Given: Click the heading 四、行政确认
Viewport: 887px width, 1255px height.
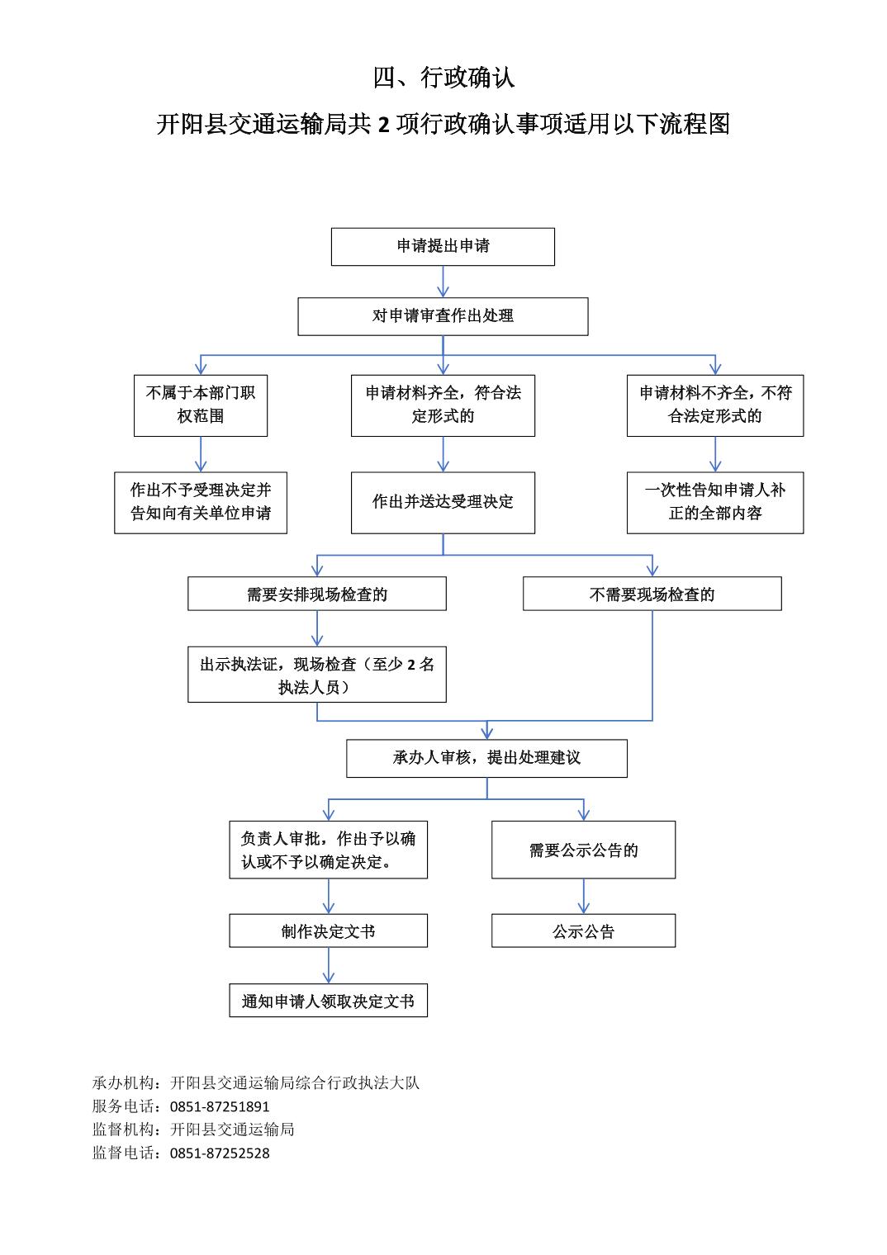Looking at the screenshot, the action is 443,78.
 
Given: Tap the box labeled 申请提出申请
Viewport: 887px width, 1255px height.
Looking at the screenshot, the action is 443,247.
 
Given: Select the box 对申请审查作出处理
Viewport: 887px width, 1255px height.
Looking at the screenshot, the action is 443,316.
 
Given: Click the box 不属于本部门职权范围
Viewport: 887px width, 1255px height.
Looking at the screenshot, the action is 201,405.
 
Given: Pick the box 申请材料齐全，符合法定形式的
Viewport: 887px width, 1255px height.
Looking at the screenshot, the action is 443,405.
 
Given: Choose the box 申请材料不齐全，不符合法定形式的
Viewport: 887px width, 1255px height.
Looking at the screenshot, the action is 715,405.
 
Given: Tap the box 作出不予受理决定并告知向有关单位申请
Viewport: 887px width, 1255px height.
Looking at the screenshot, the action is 201,503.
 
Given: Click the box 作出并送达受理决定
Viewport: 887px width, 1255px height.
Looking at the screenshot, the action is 443,503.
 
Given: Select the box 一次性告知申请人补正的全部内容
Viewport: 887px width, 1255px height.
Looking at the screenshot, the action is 715,503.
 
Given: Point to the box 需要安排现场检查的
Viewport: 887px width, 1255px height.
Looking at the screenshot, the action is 317,594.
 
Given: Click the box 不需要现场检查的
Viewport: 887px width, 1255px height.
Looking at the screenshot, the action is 652,594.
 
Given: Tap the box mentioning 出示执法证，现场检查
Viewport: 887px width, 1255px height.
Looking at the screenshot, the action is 317,674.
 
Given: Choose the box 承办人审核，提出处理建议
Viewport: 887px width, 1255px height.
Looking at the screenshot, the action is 486,758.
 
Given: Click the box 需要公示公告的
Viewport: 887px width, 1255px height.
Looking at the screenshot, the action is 583,850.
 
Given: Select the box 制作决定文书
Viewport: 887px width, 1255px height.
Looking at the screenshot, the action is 329,931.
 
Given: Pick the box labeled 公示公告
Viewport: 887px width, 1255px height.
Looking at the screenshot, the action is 583,931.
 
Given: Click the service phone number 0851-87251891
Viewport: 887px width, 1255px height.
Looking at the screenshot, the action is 220,1106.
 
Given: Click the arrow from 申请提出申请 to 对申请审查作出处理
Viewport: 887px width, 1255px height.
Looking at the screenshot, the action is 443,282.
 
